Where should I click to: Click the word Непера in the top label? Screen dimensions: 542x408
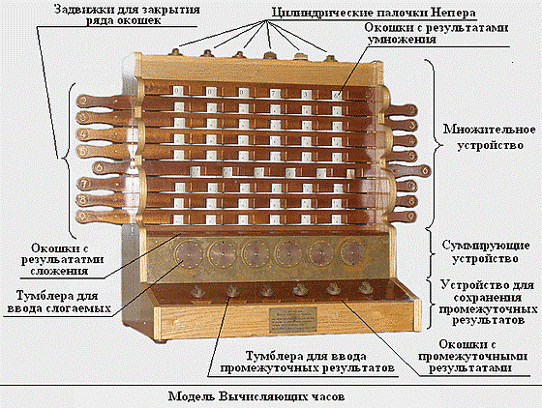[453, 13]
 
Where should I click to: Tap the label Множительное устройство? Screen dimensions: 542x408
[490, 137]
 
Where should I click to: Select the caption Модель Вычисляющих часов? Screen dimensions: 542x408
[256, 396]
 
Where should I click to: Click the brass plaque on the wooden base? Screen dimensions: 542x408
[293, 320]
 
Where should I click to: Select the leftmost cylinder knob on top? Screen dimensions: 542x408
[175, 52]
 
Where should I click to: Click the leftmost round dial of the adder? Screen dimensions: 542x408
[189, 254]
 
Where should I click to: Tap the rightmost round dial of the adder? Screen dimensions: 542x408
[353, 253]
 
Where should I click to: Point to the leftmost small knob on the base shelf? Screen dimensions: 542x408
[197, 293]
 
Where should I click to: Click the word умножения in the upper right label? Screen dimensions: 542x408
[402, 39]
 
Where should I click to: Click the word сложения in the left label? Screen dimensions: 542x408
[59, 271]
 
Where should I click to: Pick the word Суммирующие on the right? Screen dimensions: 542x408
[486, 246]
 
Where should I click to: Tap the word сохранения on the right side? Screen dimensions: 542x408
[488, 297]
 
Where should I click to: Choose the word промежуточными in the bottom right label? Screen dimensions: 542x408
[472, 356]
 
